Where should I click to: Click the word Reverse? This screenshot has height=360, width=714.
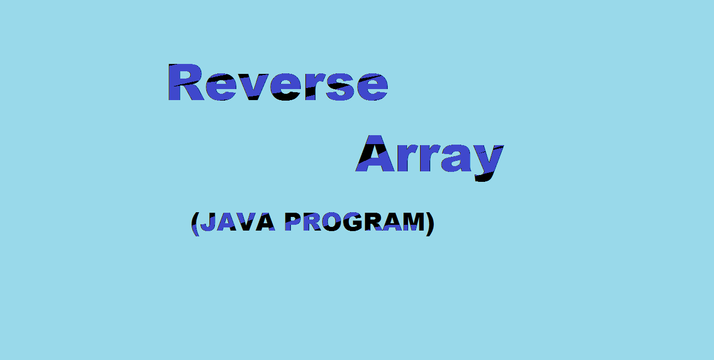coord(278,82)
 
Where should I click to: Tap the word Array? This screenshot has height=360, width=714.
coord(430,158)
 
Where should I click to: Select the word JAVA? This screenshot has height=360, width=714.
coord(238,222)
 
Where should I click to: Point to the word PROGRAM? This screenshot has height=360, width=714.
coord(355,222)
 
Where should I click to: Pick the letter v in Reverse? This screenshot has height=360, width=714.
coord(254,87)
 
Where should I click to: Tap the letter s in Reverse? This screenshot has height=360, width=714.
coord(340,87)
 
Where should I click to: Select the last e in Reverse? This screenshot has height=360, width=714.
coord(372,87)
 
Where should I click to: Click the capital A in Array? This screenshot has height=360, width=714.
coord(375,154)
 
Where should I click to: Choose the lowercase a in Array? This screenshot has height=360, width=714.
coord(456,158)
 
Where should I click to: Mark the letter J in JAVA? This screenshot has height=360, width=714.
coord(208,222)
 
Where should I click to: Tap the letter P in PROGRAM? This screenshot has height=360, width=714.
coord(293,222)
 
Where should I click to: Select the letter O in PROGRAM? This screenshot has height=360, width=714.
coord(332,222)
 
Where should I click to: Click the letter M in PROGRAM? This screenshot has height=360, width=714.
coord(414,222)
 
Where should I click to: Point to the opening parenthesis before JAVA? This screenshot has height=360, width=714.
coord(195,224)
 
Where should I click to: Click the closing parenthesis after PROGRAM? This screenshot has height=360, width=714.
coord(430,224)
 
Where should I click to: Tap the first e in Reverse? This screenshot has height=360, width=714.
coord(221,87)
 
